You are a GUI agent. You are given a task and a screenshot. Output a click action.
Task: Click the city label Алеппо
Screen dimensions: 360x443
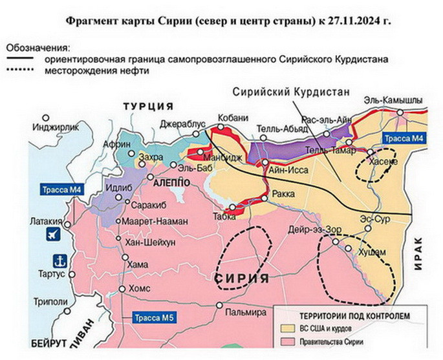[x=172, y=184]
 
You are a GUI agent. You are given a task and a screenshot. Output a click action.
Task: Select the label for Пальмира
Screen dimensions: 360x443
[x=246, y=313]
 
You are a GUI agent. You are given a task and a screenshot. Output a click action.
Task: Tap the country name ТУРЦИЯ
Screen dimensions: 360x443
[x=149, y=107]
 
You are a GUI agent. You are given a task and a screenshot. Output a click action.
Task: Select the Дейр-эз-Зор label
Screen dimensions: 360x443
[x=310, y=229]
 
